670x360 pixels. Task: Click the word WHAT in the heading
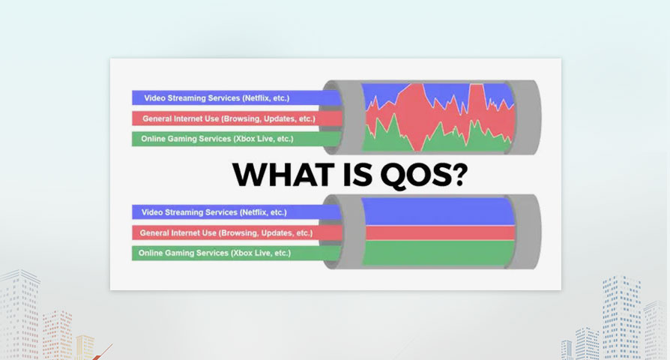pos(283,175)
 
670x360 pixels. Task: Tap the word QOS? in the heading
pos(423,175)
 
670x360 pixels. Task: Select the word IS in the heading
pos(357,175)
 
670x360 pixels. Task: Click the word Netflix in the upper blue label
pos(256,98)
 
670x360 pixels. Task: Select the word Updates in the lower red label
pos(278,233)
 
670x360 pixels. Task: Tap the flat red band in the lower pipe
pos(440,233)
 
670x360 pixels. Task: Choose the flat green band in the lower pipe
pos(439,253)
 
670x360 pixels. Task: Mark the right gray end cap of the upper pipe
pos(525,117)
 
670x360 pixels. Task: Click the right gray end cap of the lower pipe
pos(525,232)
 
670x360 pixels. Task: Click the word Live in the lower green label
pos(264,253)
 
